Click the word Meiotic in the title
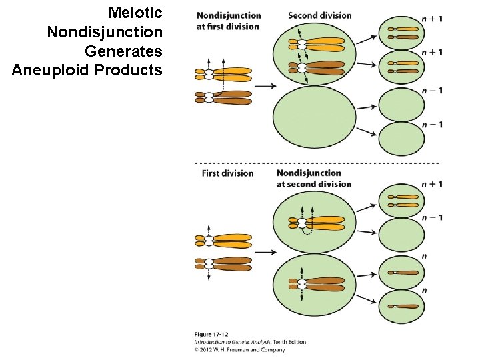(135, 13)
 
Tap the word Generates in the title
(124, 51)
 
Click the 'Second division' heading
(319, 15)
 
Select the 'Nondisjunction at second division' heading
(313, 179)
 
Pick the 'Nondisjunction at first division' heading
(229, 21)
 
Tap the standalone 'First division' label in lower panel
(227, 173)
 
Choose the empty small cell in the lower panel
(401, 235)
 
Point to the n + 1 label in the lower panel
(432, 184)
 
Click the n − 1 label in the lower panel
(432, 217)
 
